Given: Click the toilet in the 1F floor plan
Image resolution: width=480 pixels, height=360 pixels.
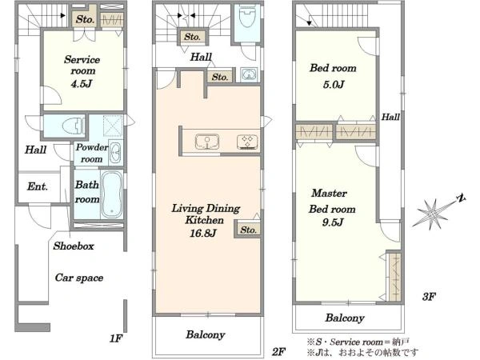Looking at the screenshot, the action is tap(73, 126).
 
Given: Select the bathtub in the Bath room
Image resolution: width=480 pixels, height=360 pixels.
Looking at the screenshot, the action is tap(111, 194).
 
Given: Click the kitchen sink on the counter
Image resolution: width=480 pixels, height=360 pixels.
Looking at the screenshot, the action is tap(207, 142).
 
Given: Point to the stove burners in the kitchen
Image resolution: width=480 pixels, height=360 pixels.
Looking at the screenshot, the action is tap(248, 142).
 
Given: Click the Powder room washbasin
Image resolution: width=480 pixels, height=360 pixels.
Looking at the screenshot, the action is tap(115, 152).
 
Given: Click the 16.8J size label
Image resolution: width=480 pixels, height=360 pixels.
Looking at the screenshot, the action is tap(203, 234).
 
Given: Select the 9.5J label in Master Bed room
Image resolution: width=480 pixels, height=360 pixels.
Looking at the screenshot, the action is tap(333, 222).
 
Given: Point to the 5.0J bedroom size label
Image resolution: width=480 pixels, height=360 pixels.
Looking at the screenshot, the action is tap(334, 84).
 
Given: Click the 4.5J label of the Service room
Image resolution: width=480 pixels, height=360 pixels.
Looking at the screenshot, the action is tap(82, 83).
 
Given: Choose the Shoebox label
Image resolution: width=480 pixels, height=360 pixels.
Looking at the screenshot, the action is tap(74, 246).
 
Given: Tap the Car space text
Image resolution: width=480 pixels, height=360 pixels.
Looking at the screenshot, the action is tap(79, 278).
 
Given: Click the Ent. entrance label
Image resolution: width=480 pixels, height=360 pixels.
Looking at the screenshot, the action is tap(38, 186).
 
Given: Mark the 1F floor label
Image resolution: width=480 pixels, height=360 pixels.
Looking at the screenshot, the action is tap(116, 338).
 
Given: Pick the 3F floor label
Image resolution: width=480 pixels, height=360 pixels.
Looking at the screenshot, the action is tap(429, 296).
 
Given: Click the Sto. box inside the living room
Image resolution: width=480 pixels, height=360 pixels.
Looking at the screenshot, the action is tap(248, 230).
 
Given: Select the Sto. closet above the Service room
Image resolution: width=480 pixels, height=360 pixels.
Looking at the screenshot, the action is tap(85, 19).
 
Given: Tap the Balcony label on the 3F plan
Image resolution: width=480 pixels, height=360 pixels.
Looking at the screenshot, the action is tap(345, 318).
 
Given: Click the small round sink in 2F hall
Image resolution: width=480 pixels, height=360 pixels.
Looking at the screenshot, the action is tap(248, 74).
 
